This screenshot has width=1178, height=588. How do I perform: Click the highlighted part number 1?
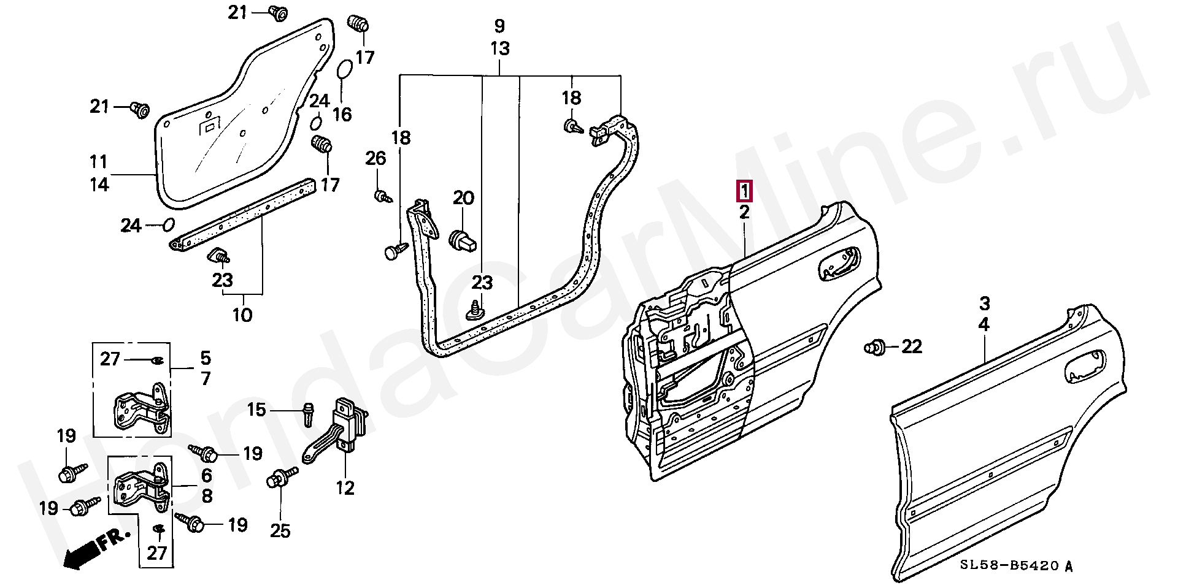tap(744, 191)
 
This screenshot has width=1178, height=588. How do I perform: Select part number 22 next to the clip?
tap(911, 347)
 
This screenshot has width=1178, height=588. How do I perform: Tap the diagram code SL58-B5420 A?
tap(1016, 566)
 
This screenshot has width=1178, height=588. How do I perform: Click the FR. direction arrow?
tap(96, 548)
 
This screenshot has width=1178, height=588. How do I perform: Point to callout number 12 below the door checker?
tap(345, 489)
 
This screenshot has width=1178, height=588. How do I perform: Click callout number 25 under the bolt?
tap(280, 530)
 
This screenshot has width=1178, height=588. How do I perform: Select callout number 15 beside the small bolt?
tap(256, 409)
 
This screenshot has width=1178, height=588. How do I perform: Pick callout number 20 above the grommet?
tap(463, 198)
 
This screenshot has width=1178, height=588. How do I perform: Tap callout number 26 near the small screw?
tap(375, 159)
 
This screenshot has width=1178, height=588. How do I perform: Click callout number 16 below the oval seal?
tap(342, 114)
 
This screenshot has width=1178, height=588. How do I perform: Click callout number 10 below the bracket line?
tap(242, 315)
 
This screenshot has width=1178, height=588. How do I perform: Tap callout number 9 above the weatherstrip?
tap(499, 26)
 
